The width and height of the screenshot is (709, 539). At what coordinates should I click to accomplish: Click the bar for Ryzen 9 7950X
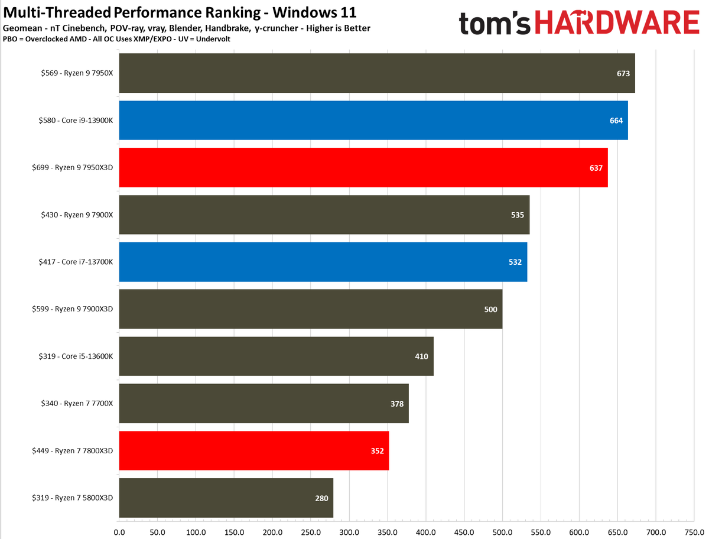pyautogui.click(x=377, y=73)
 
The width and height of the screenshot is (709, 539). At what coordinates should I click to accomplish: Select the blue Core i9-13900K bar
pyautogui.click(x=373, y=121)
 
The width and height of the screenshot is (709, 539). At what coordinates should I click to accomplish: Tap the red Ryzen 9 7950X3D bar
pyautogui.click(x=363, y=168)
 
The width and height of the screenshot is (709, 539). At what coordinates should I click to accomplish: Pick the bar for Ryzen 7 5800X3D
pyautogui.click(x=226, y=498)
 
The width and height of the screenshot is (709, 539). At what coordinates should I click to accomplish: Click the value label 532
pyautogui.click(x=515, y=262)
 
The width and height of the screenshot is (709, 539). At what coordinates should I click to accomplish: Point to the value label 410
pyautogui.click(x=421, y=356)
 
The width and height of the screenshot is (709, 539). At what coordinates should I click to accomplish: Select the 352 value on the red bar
pyautogui.click(x=377, y=451)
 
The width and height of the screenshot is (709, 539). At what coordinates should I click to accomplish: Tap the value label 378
pyautogui.click(x=397, y=404)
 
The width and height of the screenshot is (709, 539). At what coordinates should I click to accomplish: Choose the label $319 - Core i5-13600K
pyautogui.click(x=73, y=356)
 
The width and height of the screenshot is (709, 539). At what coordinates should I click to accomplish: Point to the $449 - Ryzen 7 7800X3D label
pyautogui.click(x=72, y=451)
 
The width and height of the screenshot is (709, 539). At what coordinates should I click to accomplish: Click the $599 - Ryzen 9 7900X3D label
pyautogui.click(x=72, y=309)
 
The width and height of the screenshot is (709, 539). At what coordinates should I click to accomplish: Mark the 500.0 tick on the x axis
pyautogui.click(x=502, y=531)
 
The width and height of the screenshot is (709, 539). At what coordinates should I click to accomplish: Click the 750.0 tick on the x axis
pyautogui.click(x=694, y=531)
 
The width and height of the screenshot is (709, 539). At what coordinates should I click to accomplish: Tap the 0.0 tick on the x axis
pyautogui.click(x=119, y=531)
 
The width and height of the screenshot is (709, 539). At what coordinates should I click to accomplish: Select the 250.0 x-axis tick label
pyautogui.click(x=311, y=531)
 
